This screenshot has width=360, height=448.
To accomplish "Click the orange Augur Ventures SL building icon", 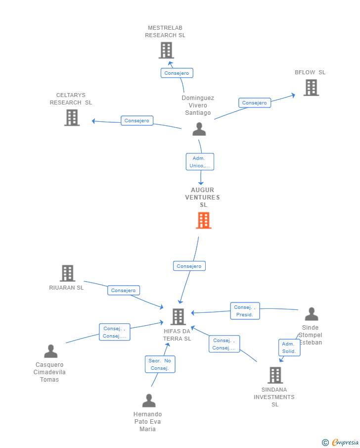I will coord(203,220).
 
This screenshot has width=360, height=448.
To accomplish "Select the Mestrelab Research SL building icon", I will coord(166,50).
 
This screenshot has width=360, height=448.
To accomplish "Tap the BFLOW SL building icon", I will coord(311,88).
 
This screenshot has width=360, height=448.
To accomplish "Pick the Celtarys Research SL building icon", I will coord(72,117).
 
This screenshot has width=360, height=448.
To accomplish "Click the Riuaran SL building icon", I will coord(67,273).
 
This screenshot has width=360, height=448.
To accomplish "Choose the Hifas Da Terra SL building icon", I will coord(178,316).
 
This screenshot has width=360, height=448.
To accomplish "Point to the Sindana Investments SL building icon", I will coord(275,375).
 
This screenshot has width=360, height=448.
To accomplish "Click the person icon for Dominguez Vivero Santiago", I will coord(199,129).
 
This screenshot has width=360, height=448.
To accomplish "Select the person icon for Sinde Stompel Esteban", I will coord(311,314).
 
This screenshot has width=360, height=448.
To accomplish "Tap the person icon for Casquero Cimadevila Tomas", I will coord(50,351).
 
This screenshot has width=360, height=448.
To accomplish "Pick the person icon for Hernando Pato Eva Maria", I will coord(148,400).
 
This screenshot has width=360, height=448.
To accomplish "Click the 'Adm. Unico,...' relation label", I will coord(200,162).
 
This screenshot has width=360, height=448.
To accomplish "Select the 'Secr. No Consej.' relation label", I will coord(160,364).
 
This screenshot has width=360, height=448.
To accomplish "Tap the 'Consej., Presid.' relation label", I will coord(244,311).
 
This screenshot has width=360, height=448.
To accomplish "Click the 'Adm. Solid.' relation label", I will coord(289,348).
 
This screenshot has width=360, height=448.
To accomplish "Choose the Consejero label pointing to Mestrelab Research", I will coord(177,73).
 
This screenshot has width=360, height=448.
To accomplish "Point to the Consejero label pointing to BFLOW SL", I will coord(255,103).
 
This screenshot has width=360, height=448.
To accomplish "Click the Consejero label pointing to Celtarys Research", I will coord(137,120).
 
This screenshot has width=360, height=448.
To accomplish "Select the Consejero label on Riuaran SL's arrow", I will coord(124,291).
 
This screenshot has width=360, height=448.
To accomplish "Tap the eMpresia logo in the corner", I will coord(341,442).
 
